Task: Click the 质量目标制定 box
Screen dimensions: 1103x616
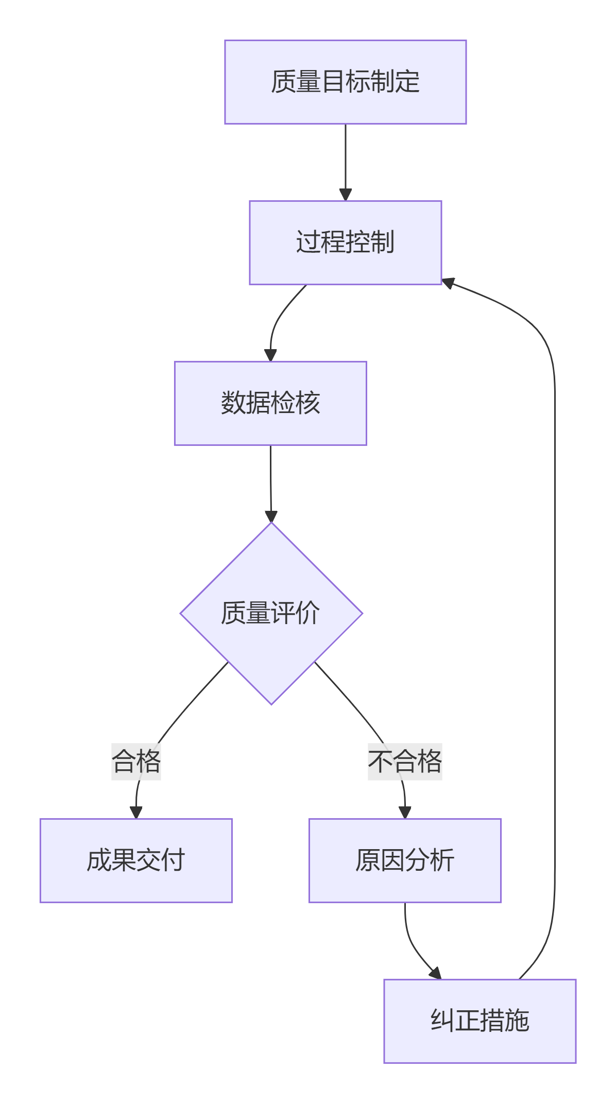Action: tap(345, 82)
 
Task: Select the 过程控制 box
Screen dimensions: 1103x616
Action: tap(345, 242)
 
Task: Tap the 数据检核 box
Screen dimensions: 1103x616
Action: tap(270, 403)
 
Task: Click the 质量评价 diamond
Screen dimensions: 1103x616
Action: tap(271, 613)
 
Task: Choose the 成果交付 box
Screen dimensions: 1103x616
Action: tap(136, 860)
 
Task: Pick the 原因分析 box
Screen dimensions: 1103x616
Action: tap(405, 860)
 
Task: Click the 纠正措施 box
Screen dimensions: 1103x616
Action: tap(480, 1021)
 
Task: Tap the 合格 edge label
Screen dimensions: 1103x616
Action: tap(136, 761)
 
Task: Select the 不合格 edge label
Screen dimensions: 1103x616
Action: tap(405, 761)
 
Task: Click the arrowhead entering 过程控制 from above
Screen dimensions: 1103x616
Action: tap(346, 195)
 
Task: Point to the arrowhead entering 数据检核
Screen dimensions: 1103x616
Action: tap(270, 355)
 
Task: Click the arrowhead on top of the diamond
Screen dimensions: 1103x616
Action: tap(271, 516)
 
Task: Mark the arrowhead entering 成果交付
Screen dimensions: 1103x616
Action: tap(136, 813)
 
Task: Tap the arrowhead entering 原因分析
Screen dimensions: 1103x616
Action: tap(405, 813)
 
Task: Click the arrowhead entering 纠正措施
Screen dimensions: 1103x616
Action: tap(436, 973)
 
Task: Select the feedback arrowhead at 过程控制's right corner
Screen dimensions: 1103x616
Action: tap(448, 283)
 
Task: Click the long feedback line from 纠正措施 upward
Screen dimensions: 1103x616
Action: tap(555, 618)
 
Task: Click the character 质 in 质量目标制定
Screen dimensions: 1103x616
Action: tap(283, 82)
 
